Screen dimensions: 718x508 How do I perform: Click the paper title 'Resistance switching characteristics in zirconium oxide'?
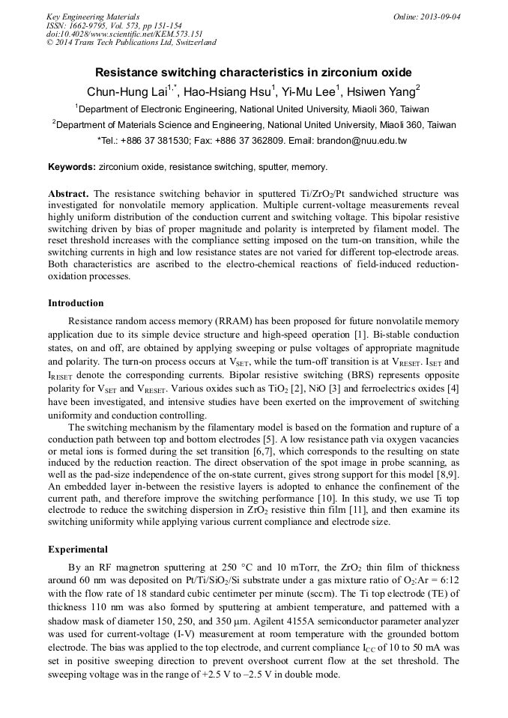tap(253, 73)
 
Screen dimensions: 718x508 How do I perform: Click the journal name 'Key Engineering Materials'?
tap(92, 16)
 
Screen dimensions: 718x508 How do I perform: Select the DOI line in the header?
tap(124, 34)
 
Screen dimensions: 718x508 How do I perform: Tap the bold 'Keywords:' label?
tap(72, 167)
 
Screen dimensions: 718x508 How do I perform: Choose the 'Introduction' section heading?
tap(76, 303)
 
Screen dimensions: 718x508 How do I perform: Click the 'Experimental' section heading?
tap(78, 549)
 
